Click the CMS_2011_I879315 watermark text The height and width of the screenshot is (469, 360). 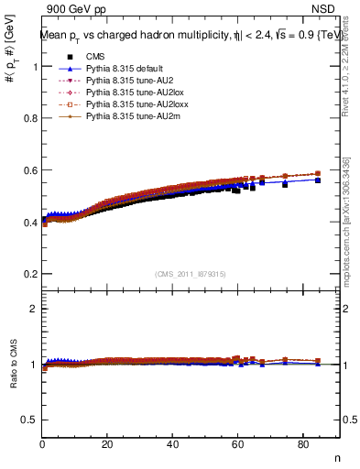[x=191, y=274]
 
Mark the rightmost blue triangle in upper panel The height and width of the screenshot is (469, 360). [x=318, y=180]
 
